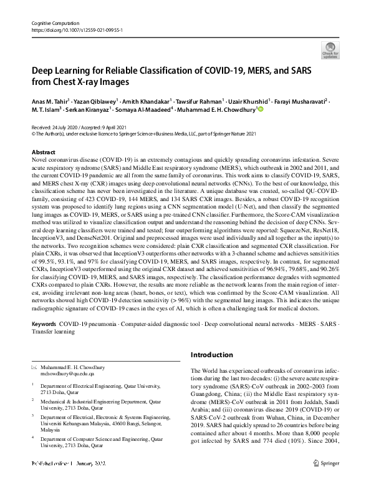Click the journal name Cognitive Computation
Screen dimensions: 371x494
click(x=54, y=22)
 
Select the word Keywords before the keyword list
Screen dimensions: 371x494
click(x=44, y=325)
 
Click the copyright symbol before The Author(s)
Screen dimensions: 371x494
click(x=34, y=133)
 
